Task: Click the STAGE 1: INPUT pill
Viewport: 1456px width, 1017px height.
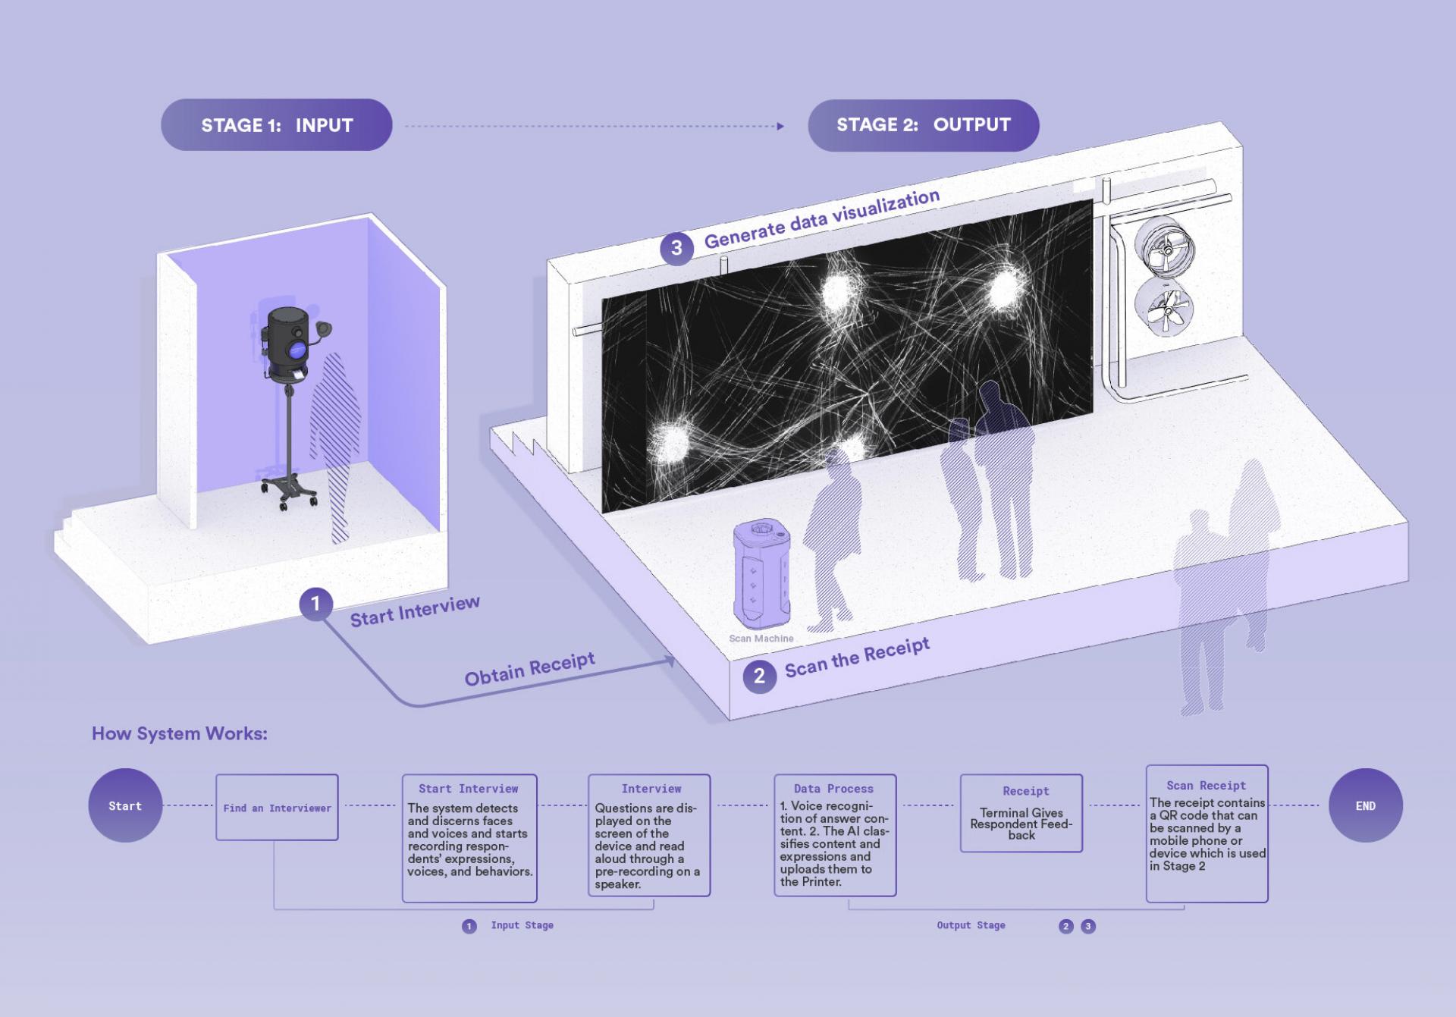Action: tap(276, 124)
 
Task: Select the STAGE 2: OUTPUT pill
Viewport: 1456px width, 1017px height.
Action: tap(923, 125)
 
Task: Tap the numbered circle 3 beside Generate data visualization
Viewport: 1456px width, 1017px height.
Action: tap(676, 248)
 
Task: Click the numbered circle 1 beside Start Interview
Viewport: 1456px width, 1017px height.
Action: tap(315, 604)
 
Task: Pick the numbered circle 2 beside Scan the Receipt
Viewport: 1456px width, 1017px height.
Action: tap(759, 676)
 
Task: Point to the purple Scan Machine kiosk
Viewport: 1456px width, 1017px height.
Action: tap(761, 573)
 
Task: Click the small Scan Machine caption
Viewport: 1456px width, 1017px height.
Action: tap(761, 639)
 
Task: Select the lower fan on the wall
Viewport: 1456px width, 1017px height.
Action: tap(1165, 309)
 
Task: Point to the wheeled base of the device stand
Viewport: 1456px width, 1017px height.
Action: tap(289, 489)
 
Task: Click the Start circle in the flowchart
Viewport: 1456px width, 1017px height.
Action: tap(125, 805)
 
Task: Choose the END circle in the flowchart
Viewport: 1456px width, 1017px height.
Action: tap(1366, 805)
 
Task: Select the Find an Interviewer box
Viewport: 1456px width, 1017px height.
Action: tap(277, 807)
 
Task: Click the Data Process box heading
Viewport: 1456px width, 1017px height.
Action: tap(833, 789)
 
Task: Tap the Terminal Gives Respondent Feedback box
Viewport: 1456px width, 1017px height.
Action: tap(1021, 813)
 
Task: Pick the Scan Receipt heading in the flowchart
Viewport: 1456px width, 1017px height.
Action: tap(1206, 786)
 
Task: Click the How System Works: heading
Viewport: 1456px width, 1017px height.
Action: tap(180, 733)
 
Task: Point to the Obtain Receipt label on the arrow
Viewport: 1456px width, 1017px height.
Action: tap(529, 668)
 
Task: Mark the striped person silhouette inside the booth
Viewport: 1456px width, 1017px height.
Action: tap(335, 447)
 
